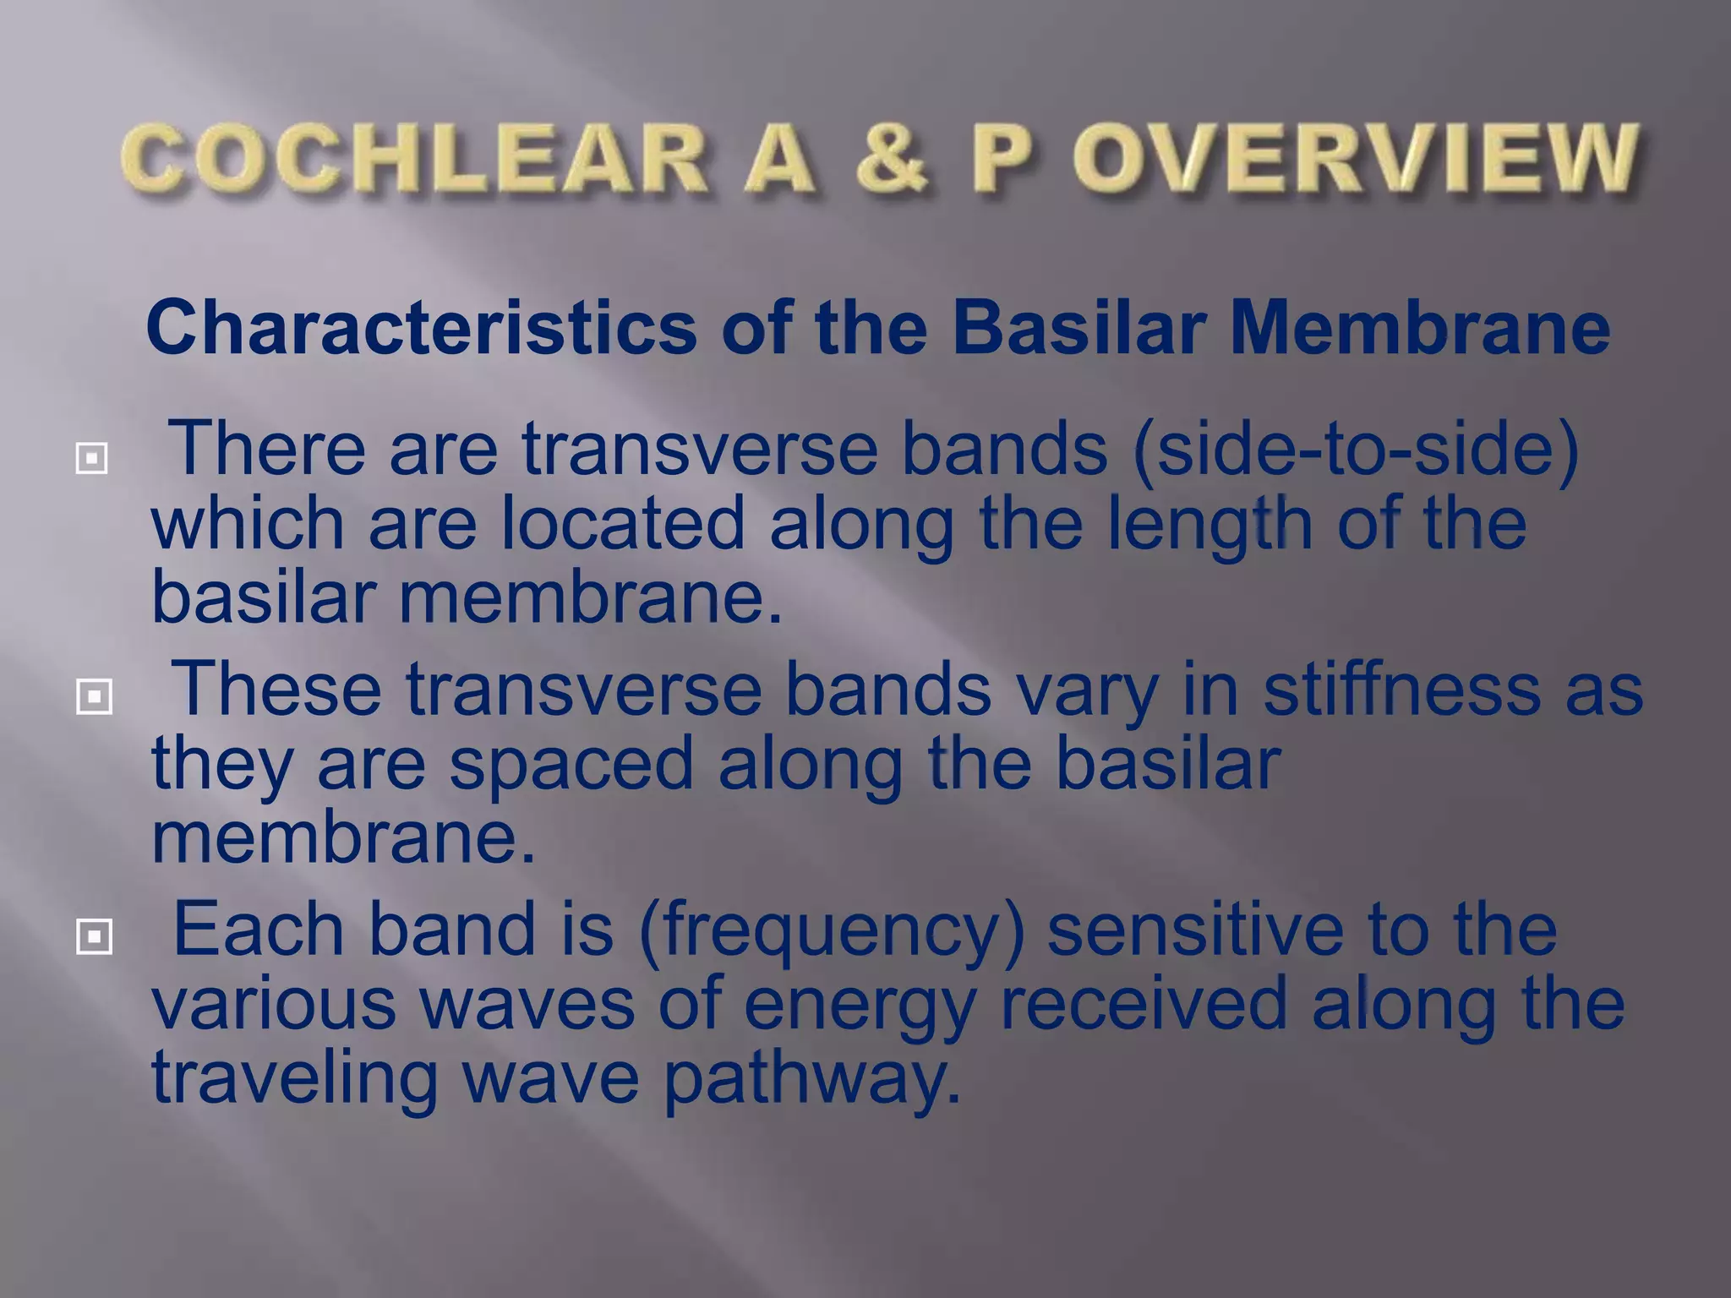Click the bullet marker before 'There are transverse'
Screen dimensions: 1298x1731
click(91, 459)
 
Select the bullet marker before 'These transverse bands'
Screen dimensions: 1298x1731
click(93, 697)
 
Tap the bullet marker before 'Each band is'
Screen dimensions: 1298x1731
click(93, 936)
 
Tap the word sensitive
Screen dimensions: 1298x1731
click(1194, 928)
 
